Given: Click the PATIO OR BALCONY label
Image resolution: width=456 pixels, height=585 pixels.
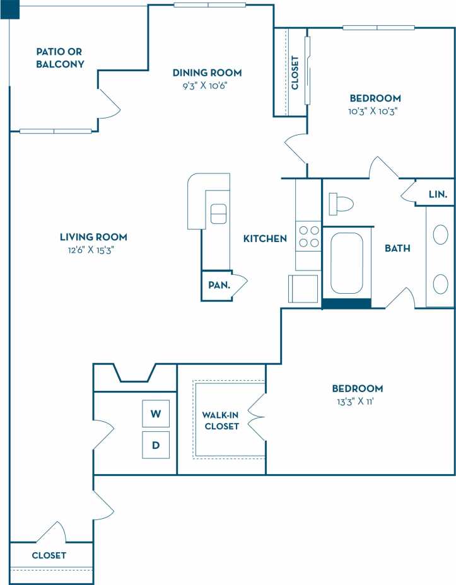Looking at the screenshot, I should (x=60, y=58).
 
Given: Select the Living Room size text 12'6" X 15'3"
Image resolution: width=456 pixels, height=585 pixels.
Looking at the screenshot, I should (x=93, y=250).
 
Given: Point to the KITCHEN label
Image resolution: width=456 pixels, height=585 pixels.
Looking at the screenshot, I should (x=266, y=239).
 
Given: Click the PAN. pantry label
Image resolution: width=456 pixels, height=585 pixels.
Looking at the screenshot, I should (x=219, y=285).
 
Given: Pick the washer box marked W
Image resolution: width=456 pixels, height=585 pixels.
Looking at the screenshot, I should (x=156, y=414).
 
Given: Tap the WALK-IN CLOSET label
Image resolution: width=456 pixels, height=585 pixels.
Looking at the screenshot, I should (x=221, y=420).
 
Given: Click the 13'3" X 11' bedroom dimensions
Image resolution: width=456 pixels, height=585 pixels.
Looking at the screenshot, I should (x=358, y=401).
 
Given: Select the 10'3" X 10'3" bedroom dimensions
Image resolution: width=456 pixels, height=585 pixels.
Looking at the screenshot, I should (x=375, y=110).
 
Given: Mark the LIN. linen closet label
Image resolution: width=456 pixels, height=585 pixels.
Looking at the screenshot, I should (x=437, y=195).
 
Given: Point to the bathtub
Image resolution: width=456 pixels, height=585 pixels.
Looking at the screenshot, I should (x=347, y=264).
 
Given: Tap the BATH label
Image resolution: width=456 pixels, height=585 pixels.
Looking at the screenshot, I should (x=397, y=248).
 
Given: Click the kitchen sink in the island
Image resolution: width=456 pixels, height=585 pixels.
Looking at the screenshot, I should (x=218, y=214).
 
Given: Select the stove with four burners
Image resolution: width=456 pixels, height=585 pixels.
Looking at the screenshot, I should (x=308, y=237).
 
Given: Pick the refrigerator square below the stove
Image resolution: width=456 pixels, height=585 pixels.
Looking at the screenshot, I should (x=303, y=289).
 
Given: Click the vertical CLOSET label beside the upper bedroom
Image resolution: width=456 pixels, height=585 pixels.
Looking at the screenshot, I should (x=295, y=72).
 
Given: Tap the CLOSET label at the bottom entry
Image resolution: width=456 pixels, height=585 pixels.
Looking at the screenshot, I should (x=49, y=555).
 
